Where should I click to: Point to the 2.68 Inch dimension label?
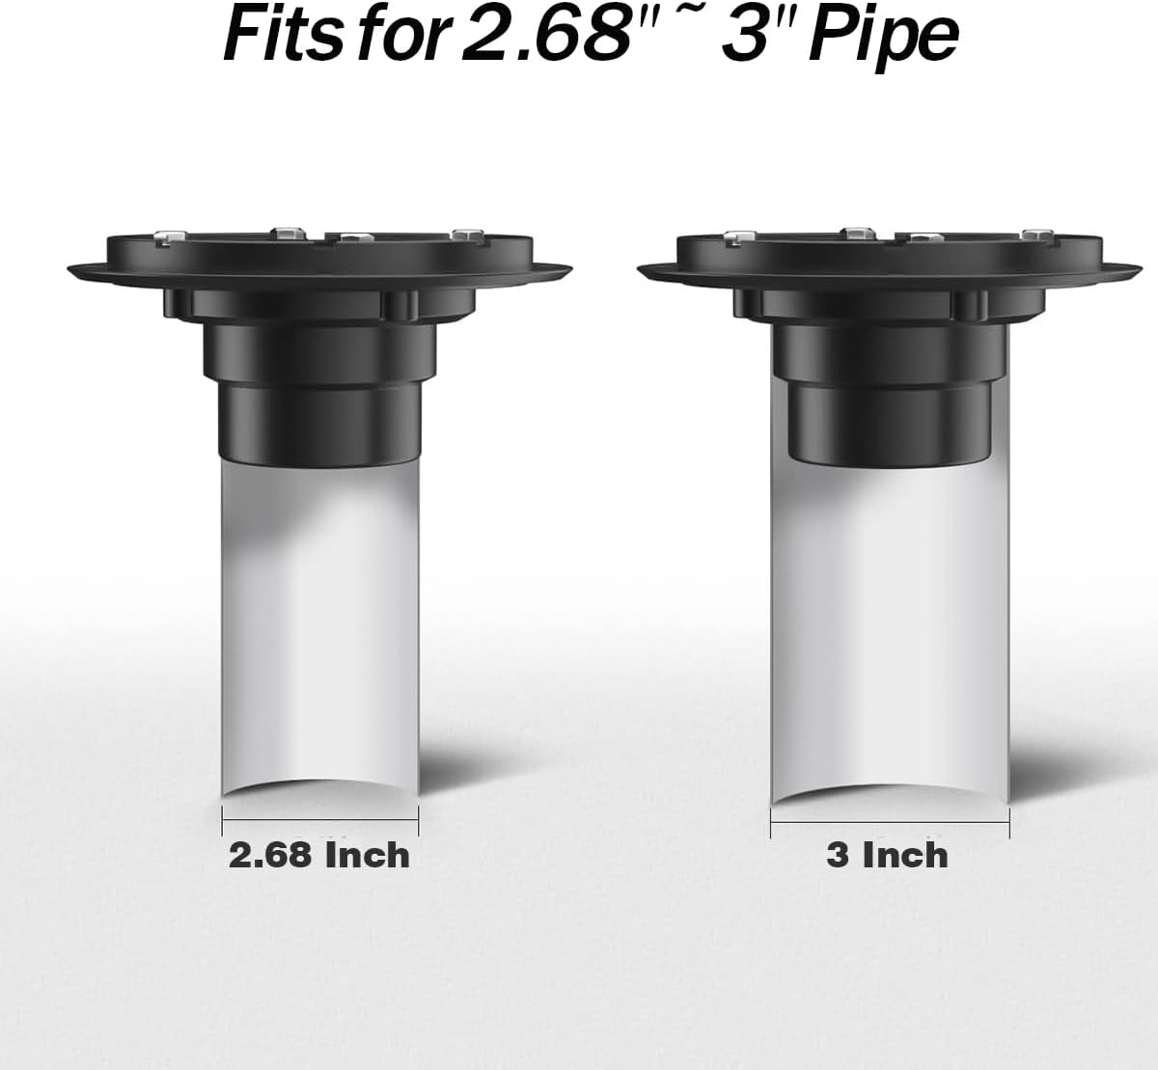[319, 855]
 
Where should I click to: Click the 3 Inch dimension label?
[887, 855]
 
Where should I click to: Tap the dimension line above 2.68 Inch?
[319, 821]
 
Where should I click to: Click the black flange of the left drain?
[319, 270]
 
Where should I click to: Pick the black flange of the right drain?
[889, 270]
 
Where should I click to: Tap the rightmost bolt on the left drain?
[467, 234]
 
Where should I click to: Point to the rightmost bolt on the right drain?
[1038, 234]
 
